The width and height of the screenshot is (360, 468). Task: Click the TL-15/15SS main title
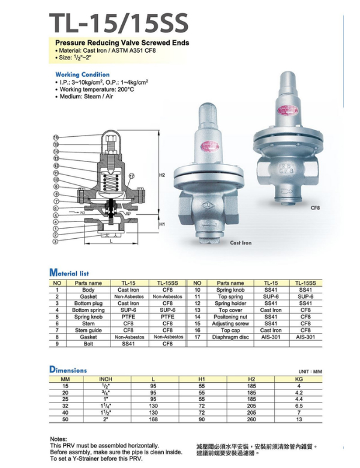119,23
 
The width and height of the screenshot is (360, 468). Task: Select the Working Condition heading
82,74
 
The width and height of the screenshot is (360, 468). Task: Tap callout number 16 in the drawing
56,137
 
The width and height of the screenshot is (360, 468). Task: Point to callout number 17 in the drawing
131,176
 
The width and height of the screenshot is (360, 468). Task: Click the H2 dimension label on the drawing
162,175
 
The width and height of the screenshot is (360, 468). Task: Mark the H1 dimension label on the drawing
162,224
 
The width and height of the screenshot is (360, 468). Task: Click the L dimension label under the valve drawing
112,241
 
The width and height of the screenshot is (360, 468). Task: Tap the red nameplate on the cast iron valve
210,146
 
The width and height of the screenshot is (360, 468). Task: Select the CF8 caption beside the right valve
315,208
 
